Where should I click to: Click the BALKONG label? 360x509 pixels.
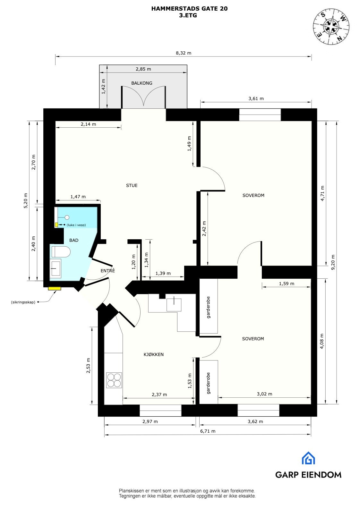(x=141, y=83)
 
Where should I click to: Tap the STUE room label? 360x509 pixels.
(x=132, y=185)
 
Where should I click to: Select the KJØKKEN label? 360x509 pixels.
(x=153, y=354)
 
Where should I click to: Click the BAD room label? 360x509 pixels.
(x=73, y=240)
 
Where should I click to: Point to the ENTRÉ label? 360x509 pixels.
(x=107, y=271)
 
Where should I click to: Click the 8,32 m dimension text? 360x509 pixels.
(x=183, y=53)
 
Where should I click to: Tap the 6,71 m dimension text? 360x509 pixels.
(x=208, y=431)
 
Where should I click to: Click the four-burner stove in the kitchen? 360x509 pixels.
(x=114, y=380)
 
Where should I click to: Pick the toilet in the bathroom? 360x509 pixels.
(x=61, y=252)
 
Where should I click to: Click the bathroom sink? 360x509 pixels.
(x=56, y=268)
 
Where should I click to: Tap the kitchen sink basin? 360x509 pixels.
(x=174, y=305)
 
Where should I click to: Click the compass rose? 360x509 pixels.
(x=331, y=26)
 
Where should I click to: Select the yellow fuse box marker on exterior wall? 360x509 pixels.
(x=55, y=288)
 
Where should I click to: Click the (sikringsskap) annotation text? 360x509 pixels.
(x=23, y=302)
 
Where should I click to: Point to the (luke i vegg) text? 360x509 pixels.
(x=76, y=225)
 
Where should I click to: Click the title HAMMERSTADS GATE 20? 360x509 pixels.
(x=189, y=9)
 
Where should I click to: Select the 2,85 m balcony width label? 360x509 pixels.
(x=143, y=69)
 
